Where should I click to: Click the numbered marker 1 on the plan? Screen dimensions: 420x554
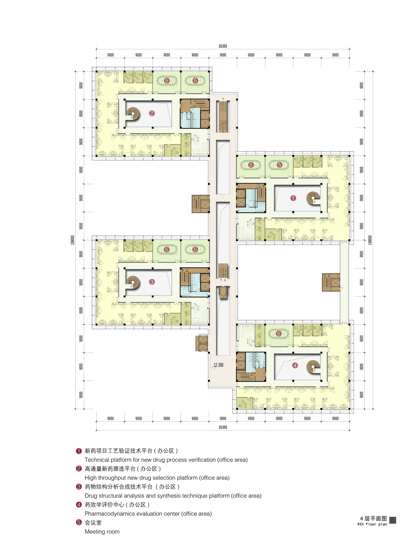point(293,198)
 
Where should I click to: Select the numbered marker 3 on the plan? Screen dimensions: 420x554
point(152,282)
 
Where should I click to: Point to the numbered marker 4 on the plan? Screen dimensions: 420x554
point(295,365)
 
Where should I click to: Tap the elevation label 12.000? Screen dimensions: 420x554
point(218,365)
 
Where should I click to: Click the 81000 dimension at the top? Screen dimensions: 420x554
point(223,46)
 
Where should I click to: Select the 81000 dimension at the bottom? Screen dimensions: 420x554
point(223,427)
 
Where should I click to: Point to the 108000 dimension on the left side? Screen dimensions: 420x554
point(73,240)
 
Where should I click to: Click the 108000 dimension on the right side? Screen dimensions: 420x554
point(370,240)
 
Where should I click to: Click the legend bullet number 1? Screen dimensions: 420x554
point(79,451)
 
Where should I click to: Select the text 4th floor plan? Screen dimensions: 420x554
point(372,524)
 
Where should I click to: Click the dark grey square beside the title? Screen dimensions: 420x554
point(393,520)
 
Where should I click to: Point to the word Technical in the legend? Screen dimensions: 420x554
point(97,460)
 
